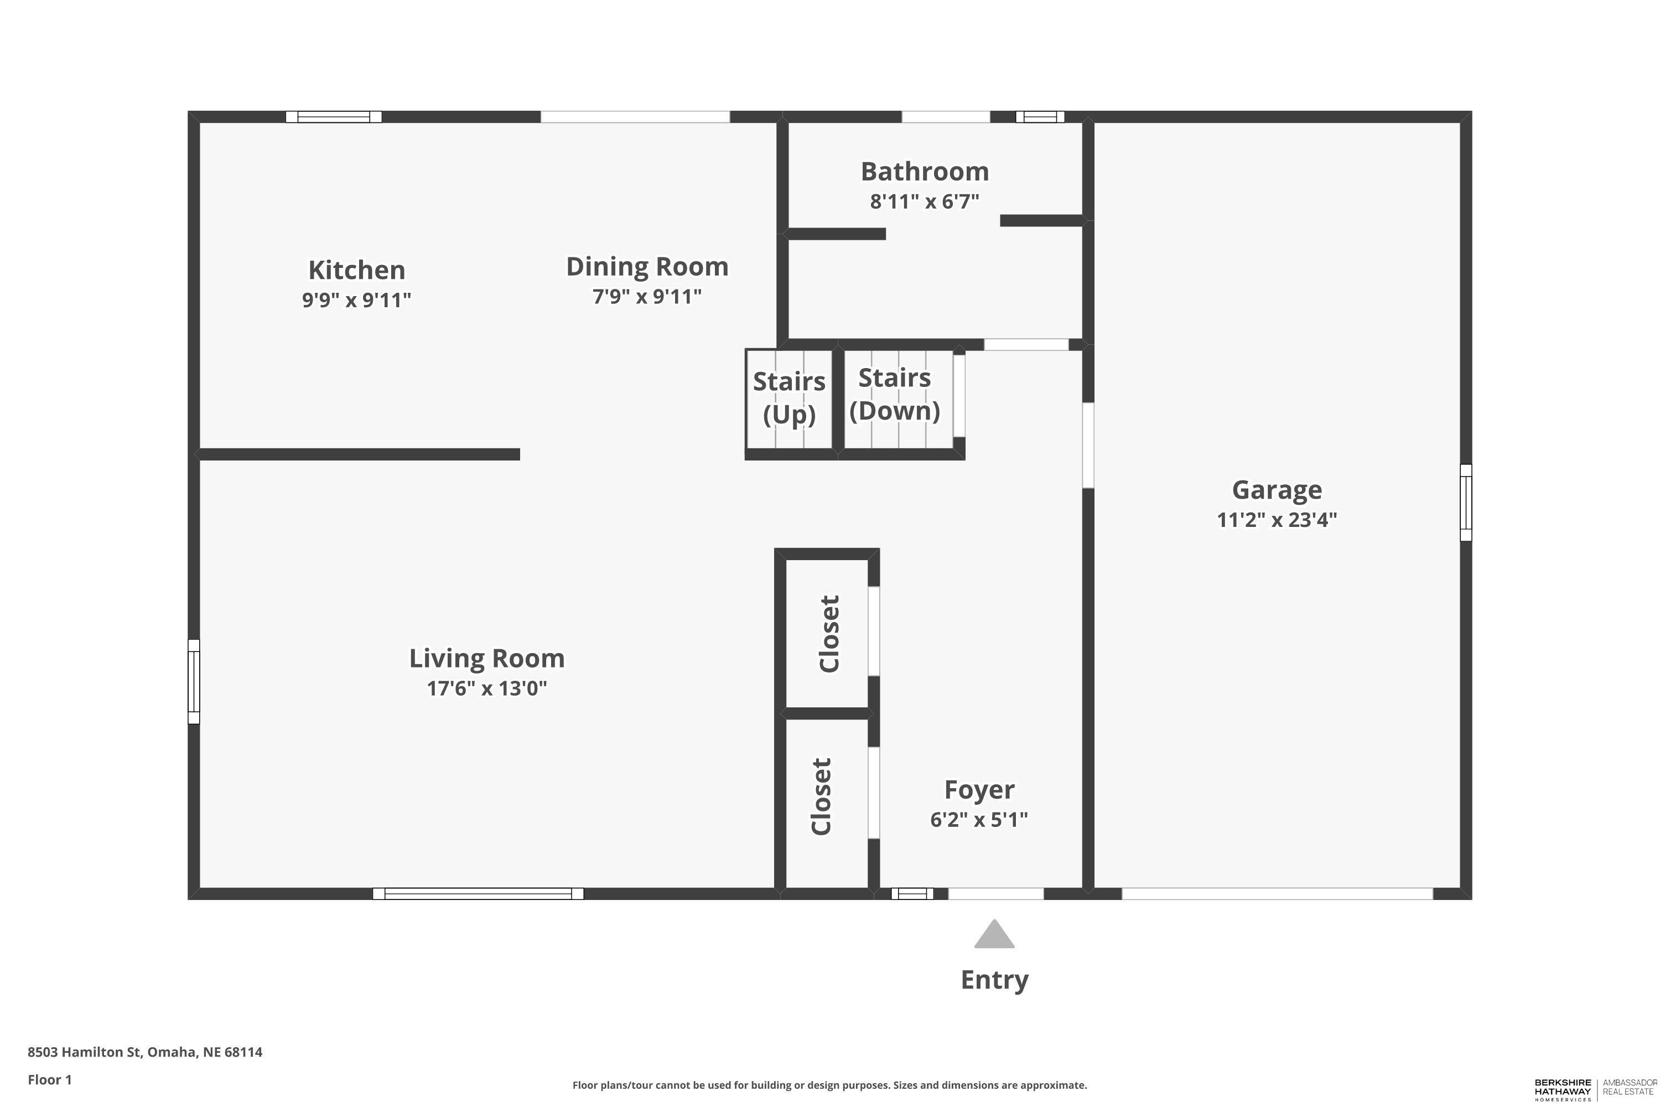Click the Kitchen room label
pos(356,270)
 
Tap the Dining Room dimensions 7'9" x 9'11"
pos(647,297)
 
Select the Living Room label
pos(487,659)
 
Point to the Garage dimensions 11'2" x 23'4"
pos(1277,520)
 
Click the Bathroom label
pos(925,172)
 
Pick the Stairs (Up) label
pos(789,397)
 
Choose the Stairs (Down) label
pos(895,394)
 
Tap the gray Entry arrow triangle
pos(994,934)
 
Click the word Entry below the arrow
pos(994,980)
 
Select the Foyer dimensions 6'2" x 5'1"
pos(979,820)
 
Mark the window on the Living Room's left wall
pos(193,682)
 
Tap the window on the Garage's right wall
pos(1466,503)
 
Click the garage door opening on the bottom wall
pos(1278,894)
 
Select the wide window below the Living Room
pos(479,894)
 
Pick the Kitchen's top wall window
pos(334,116)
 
